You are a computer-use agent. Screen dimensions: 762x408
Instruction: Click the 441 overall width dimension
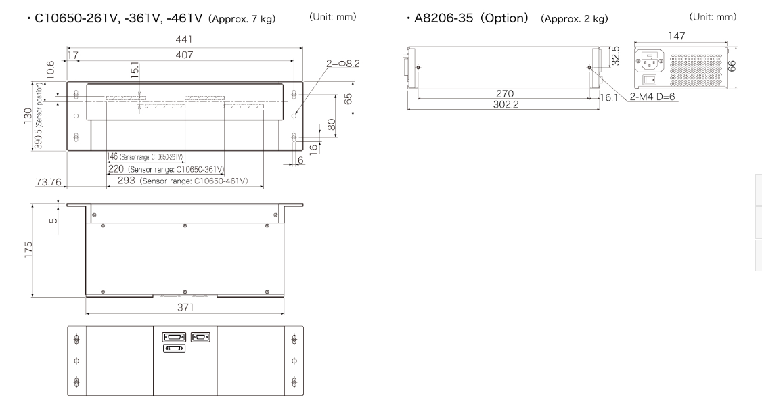(183, 39)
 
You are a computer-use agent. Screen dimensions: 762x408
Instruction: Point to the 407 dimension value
(183, 55)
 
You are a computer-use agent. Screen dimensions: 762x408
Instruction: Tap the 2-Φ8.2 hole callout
(343, 64)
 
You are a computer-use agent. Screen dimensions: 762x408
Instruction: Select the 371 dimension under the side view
(185, 307)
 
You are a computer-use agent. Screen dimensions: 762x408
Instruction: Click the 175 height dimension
(28, 249)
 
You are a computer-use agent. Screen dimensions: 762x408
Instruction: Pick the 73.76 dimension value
(49, 182)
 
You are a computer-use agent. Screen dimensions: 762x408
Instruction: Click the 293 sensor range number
(127, 181)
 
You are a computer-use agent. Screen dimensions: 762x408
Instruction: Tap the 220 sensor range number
(116, 169)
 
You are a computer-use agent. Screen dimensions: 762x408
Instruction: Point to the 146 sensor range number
(112, 156)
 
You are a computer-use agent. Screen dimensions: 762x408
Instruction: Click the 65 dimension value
(348, 99)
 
